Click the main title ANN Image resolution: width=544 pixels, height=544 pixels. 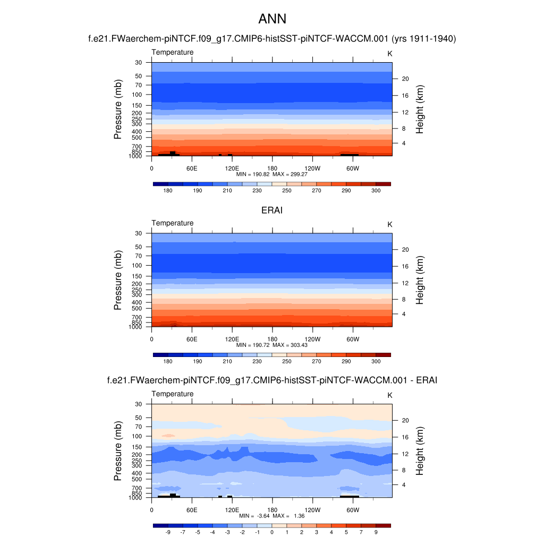click(272, 19)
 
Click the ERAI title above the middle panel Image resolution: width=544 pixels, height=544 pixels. click(272, 210)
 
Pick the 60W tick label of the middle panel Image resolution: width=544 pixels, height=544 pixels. click(353, 338)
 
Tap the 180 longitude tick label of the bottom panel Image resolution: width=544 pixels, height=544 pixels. click(272, 509)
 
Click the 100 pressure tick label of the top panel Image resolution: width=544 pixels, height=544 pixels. click(138, 95)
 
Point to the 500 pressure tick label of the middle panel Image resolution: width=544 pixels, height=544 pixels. click(138, 308)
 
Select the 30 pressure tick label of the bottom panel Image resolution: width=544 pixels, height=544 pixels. click(139, 404)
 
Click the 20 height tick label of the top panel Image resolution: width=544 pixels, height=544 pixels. click(404, 79)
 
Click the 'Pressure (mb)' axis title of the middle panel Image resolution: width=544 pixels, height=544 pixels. click(118, 280)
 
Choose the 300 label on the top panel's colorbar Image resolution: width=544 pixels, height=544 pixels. click(376, 190)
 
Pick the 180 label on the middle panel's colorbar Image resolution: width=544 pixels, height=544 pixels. click(168, 361)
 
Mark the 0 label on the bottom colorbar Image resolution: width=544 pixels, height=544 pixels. click(272, 532)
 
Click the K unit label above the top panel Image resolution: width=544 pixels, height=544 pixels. click(390, 54)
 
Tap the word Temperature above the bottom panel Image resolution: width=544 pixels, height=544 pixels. click(173, 394)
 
